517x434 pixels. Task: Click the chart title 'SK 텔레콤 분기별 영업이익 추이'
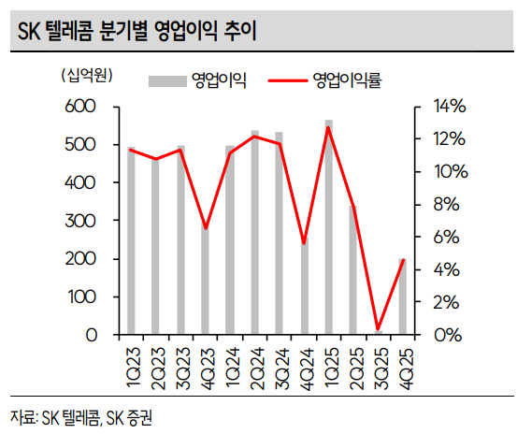137,32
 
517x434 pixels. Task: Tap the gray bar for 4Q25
402,297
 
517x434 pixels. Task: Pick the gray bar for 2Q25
353,271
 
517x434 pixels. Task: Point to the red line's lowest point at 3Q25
378,329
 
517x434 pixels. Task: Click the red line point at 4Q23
205,228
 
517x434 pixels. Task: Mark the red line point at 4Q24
304,243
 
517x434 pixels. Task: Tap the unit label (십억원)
85,75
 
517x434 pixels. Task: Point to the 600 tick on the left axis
82,108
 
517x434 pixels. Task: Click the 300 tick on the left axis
82,222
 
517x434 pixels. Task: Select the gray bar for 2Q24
254,234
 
